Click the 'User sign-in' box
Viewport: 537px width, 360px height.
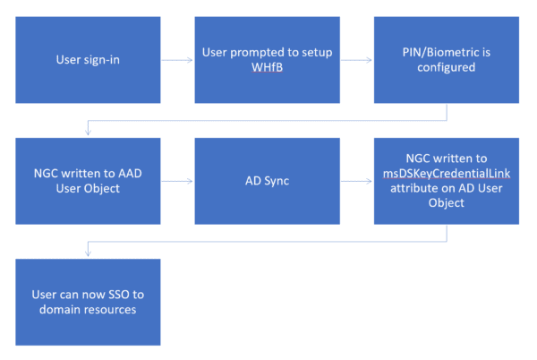(88, 60)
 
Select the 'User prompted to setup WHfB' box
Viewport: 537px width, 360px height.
(268, 60)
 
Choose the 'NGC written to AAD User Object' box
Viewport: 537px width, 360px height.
(88, 181)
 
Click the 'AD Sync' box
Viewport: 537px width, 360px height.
(268, 181)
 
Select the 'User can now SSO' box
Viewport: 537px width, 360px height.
(88, 301)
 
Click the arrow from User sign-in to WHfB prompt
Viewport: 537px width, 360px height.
(177, 60)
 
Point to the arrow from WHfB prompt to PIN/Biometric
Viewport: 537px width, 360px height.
(357, 60)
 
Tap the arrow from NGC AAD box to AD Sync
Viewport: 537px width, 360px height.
(177, 181)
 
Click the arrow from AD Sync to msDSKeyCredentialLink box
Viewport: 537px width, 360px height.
(357, 181)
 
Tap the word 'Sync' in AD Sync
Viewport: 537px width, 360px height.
(277, 181)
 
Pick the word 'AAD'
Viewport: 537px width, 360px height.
(129, 173)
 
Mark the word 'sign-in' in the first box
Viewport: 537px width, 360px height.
(104, 60)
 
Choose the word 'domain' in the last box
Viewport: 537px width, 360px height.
(59, 310)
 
